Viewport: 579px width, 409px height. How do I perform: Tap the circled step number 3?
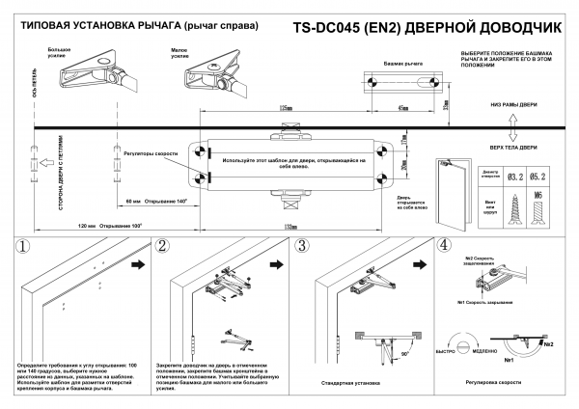click(x=302, y=248)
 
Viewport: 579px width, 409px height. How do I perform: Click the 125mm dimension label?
click(x=284, y=108)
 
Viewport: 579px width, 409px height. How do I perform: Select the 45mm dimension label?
click(x=401, y=108)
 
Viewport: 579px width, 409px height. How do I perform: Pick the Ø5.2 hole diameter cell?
click(x=541, y=177)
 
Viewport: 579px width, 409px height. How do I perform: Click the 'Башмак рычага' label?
click(x=402, y=62)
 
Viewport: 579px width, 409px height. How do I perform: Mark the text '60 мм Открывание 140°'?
click(x=149, y=201)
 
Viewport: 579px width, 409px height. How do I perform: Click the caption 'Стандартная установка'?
click(x=348, y=383)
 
